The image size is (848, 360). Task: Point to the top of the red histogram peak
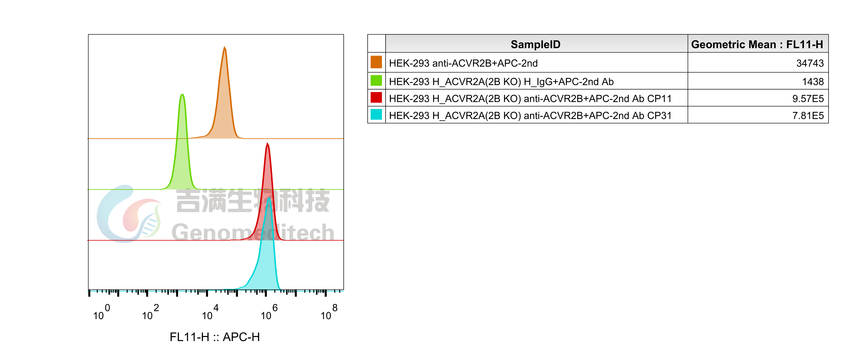click(268, 143)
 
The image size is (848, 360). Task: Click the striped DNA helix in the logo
click(150, 227)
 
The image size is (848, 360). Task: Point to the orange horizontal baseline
click(296, 139)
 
